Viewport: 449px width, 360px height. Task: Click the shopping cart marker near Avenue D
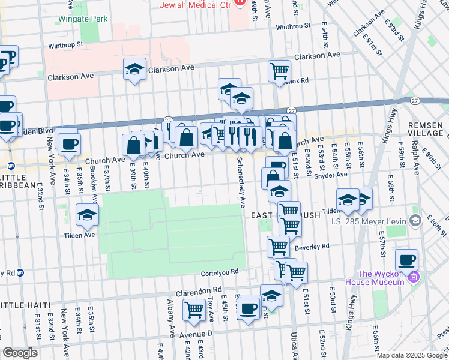coord(194,310)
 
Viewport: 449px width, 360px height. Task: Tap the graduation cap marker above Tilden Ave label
coord(87,214)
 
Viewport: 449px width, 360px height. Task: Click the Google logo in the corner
coord(20,353)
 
